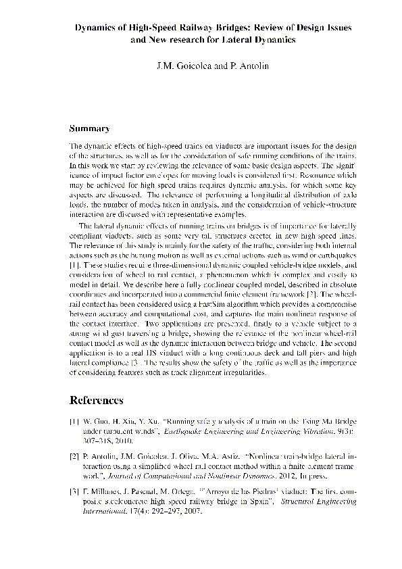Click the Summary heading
click(89, 128)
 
